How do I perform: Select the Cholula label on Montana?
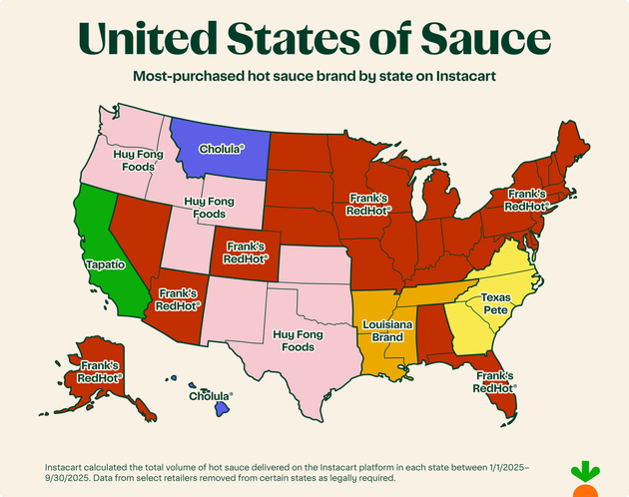(222, 149)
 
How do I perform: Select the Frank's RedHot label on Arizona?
(178, 299)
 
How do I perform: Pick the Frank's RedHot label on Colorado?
(244, 250)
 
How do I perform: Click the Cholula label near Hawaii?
(210, 395)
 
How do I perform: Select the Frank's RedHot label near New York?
(526, 200)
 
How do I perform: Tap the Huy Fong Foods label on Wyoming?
(210, 208)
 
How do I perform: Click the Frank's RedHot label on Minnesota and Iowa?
(368, 205)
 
